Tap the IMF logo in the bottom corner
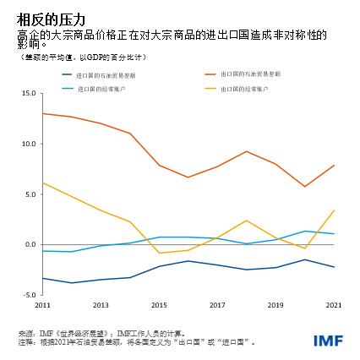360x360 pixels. point(328,341)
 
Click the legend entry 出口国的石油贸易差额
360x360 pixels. point(250,74)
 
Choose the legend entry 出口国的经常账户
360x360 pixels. point(244,88)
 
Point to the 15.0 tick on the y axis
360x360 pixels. point(29,93)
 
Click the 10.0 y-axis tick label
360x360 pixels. point(29,144)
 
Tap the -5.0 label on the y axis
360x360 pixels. point(29,295)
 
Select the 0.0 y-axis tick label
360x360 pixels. point(30,244)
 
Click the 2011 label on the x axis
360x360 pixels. point(43,304)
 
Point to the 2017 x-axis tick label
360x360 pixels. point(217,304)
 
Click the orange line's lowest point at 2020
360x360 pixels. point(305,187)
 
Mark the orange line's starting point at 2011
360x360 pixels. point(42,113)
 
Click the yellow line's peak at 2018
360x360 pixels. point(247,221)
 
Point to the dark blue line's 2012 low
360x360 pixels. point(72,283)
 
